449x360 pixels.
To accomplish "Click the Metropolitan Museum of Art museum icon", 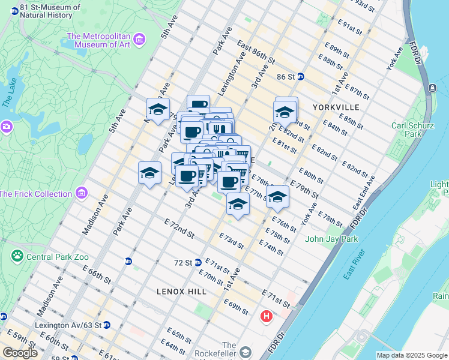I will (139, 40).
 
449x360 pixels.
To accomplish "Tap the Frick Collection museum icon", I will (82, 193).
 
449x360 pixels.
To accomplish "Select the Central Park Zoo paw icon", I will (17, 256).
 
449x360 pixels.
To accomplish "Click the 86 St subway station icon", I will (301, 77).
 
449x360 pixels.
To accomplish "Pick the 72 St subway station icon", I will (197, 263).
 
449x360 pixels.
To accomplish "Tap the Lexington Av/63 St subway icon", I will (106, 325).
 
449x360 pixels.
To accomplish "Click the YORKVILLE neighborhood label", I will (336, 107).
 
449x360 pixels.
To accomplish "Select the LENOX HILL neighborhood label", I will (181, 292).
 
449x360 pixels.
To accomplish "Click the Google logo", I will (19, 353).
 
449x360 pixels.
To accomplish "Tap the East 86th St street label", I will (256, 53).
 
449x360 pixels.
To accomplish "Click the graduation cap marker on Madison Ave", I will (157, 109).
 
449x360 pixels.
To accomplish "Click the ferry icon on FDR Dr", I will (432, 88).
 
